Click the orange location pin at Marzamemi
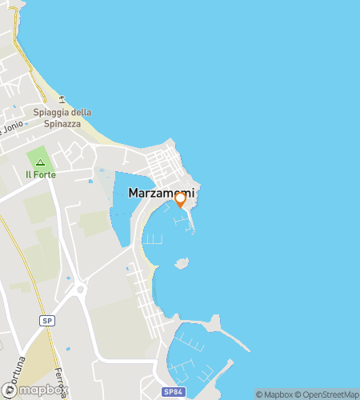tap(181, 198)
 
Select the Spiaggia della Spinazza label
tap(68, 118)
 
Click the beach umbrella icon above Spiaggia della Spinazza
tap(62, 101)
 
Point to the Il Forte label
tap(41, 174)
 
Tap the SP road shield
tap(47, 320)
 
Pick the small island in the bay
tap(182, 262)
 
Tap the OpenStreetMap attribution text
tap(328, 394)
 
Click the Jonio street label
tap(11, 128)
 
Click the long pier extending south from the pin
tap(192, 224)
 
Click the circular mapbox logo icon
tap(10, 390)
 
